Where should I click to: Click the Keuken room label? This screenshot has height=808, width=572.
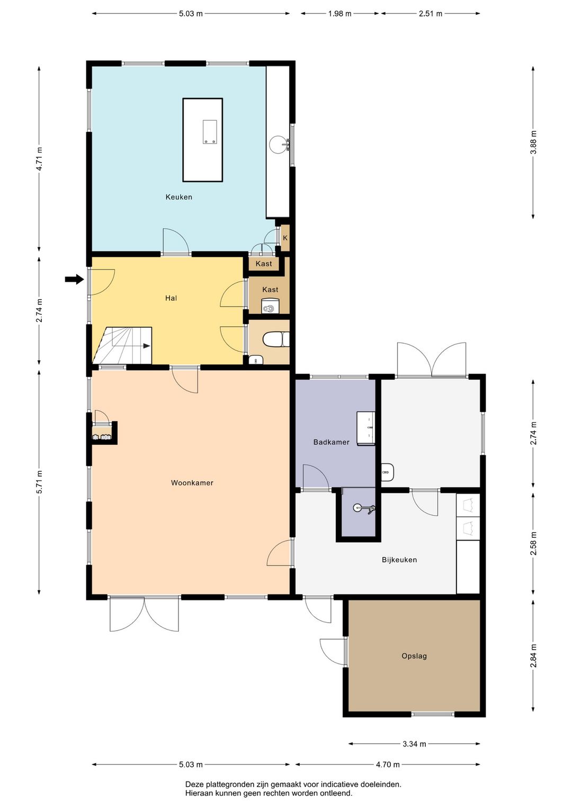[x=178, y=197]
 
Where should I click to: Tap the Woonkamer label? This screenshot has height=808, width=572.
[x=192, y=483]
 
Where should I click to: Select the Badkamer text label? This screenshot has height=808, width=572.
[x=332, y=442]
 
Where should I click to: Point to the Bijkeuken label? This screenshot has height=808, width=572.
[x=399, y=560]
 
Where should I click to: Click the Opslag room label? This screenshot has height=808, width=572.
[x=414, y=656]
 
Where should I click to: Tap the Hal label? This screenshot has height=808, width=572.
[x=171, y=298]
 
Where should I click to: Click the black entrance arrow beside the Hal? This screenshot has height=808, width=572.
[x=74, y=279]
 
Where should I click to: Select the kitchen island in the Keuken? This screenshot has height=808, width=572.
[x=202, y=140]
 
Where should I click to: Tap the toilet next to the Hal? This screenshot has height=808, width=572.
[x=276, y=339]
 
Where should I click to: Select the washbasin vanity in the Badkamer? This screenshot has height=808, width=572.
[x=365, y=428]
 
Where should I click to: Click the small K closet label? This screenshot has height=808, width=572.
[x=285, y=238]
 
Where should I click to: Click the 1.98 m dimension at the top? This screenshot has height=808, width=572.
[x=339, y=14]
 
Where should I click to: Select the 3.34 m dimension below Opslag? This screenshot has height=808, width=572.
[x=414, y=744]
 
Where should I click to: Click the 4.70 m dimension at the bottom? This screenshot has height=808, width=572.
[x=388, y=765]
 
